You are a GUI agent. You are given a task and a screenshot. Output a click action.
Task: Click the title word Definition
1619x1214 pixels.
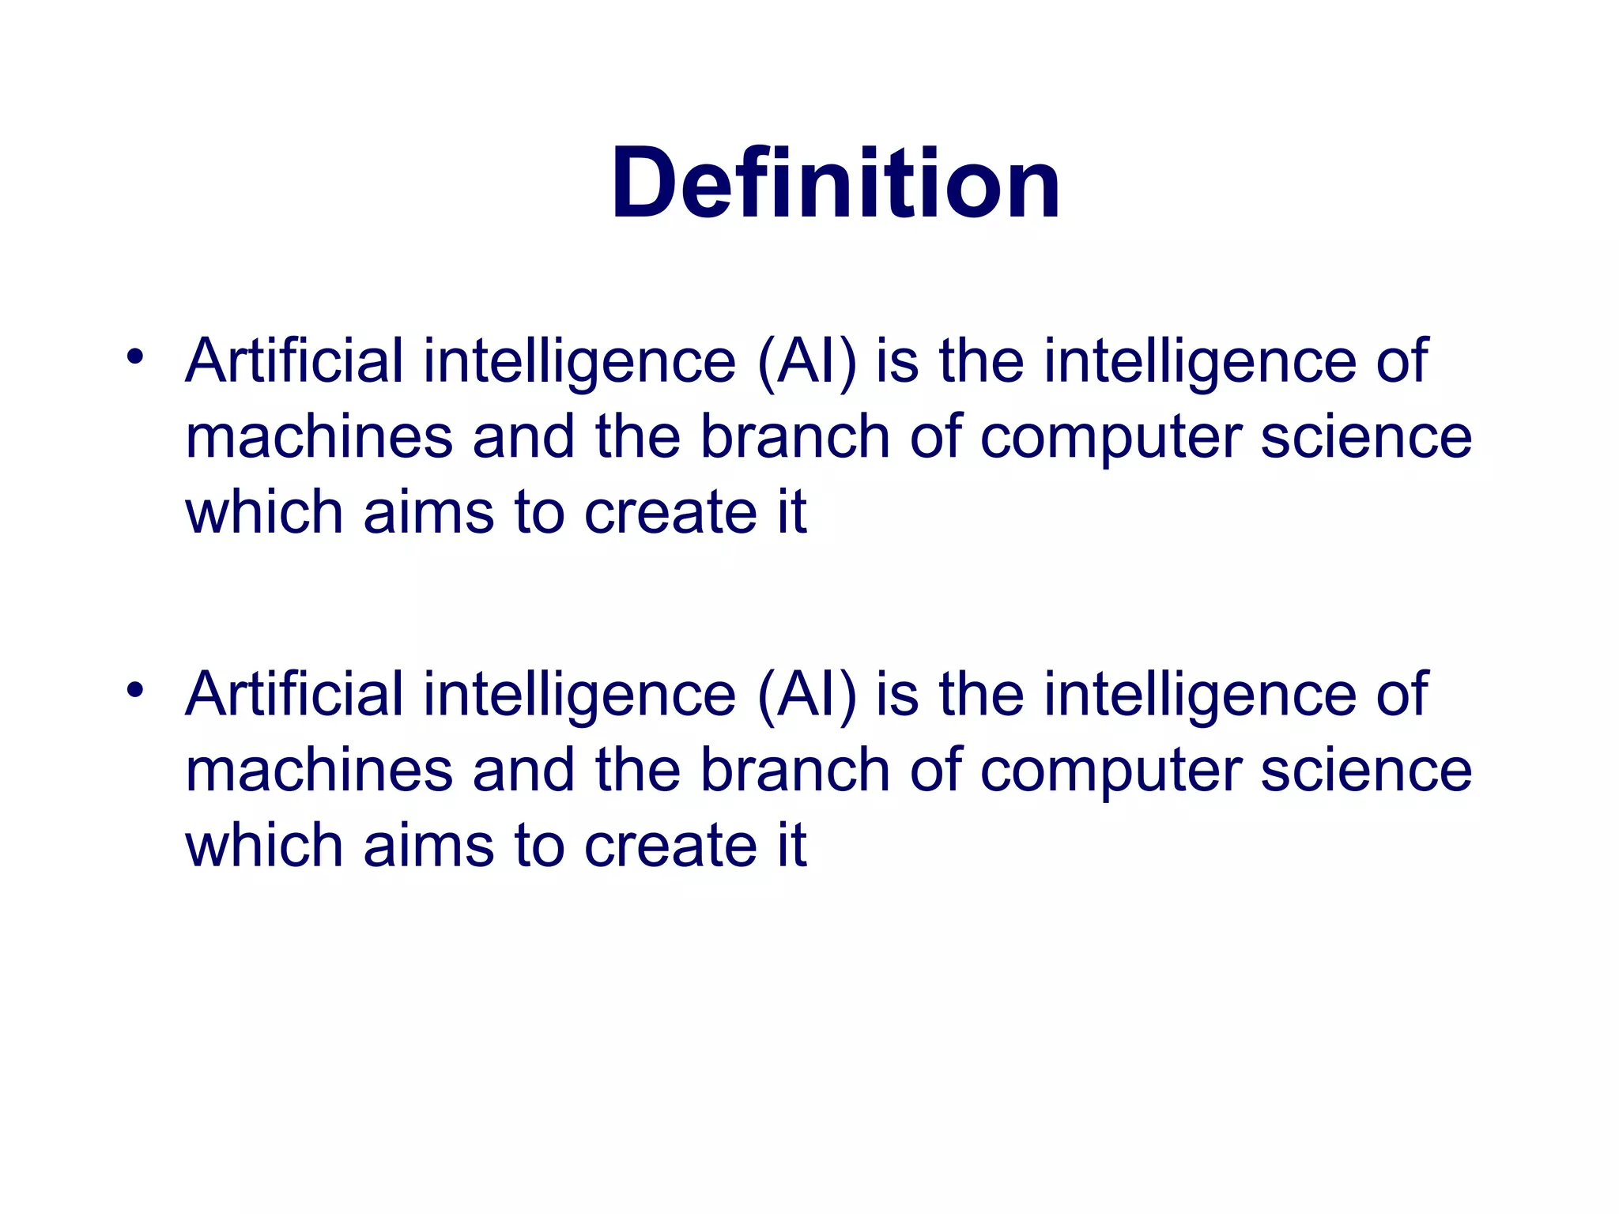(x=835, y=183)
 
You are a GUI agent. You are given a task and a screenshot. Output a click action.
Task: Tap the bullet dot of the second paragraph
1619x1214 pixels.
(x=135, y=689)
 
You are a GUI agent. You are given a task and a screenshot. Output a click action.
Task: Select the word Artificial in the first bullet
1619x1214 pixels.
(x=294, y=361)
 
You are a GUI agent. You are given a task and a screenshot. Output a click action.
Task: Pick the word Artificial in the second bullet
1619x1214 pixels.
(x=294, y=695)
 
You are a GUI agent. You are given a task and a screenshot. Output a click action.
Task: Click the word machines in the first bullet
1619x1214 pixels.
(x=319, y=437)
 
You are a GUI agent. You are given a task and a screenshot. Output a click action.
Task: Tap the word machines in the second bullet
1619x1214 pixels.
(x=319, y=771)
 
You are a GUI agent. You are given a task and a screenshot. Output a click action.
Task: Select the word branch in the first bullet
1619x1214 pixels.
(x=795, y=437)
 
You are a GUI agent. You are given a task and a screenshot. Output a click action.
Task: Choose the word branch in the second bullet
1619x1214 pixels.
(x=795, y=771)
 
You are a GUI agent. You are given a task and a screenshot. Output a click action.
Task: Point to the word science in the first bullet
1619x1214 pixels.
(x=1366, y=437)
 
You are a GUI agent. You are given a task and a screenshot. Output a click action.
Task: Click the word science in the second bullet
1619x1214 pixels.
(x=1366, y=771)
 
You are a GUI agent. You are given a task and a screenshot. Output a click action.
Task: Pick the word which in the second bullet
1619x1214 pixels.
(x=264, y=846)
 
